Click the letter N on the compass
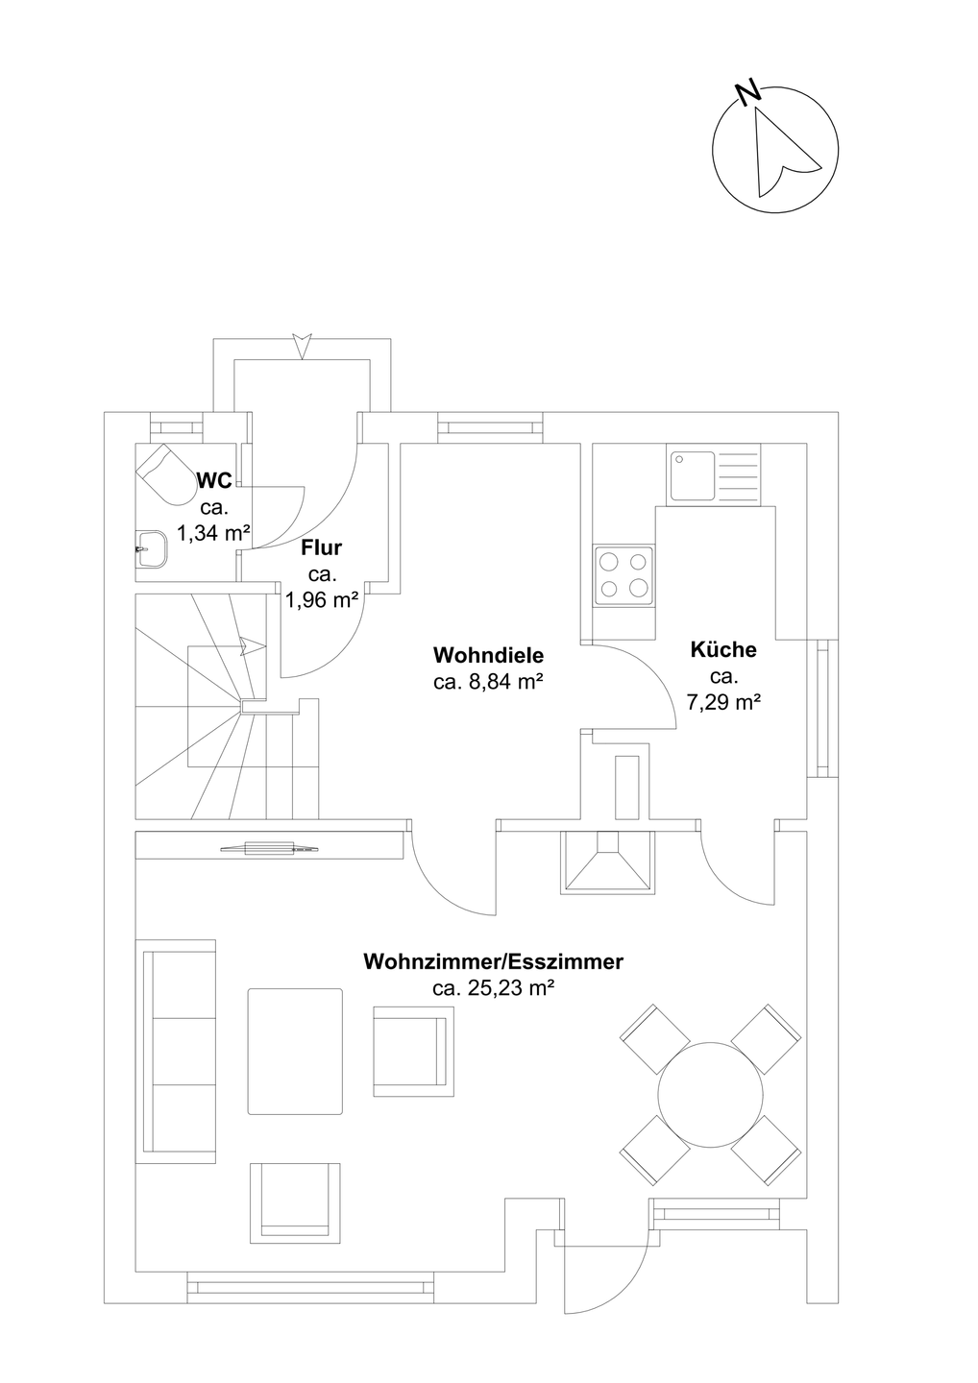coord(749,92)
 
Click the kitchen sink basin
coord(692,475)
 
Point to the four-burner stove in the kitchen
coord(623,575)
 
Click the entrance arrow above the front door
coord(302,346)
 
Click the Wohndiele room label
coord(488,654)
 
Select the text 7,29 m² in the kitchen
coord(723,702)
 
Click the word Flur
coord(321,547)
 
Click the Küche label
coord(723,649)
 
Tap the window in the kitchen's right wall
coord(822,708)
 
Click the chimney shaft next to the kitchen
coord(626,788)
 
